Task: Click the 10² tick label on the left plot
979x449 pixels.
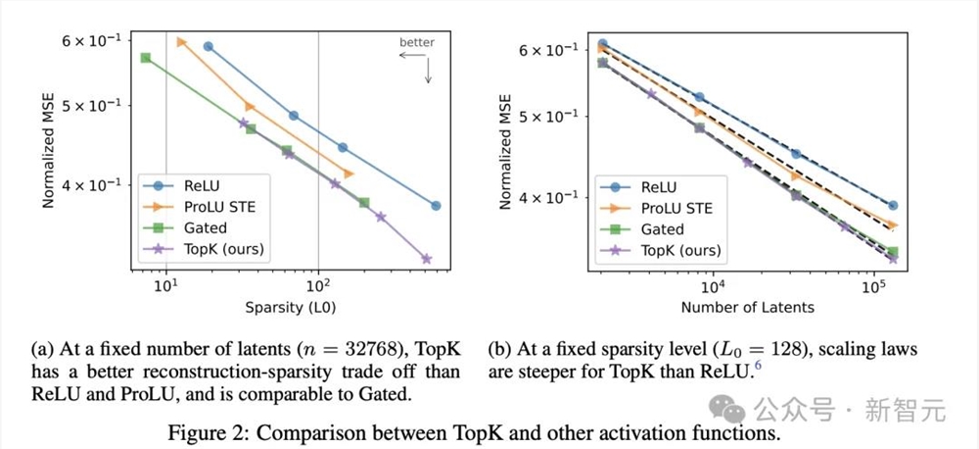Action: coord(318,287)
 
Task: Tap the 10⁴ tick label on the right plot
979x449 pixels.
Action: coord(713,287)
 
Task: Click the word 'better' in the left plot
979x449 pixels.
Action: coord(417,43)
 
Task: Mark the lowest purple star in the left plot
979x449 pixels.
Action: coord(426,259)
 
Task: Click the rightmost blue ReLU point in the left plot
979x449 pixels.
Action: coord(436,206)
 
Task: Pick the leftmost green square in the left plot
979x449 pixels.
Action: coord(145,58)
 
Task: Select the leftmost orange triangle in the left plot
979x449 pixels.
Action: coord(181,41)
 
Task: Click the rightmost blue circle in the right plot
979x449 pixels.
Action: coord(893,206)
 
